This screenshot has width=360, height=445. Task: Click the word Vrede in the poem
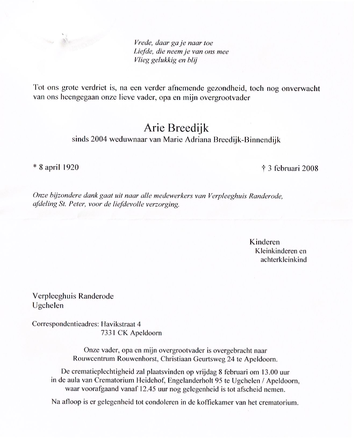(x=143, y=43)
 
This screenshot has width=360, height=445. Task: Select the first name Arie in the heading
(x=154, y=128)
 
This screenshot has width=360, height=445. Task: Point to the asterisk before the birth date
(x=35, y=167)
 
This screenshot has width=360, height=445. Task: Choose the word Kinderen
(x=264, y=242)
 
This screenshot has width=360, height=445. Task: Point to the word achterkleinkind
(x=283, y=260)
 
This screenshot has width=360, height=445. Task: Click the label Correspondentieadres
(x=65, y=324)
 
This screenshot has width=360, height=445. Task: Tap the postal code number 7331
(x=108, y=333)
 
